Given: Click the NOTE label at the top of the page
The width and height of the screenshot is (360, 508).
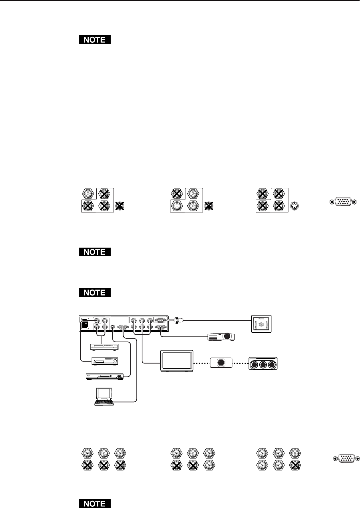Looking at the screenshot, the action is click(x=94, y=40).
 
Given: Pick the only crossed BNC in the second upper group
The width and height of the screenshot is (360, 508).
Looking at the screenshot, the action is click(x=177, y=194).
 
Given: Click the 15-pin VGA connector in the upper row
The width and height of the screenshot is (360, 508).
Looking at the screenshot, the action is click(x=342, y=202).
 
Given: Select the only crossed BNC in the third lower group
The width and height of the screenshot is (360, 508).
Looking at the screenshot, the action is click(x=294, y=465).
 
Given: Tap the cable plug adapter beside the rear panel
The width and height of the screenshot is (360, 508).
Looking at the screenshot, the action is click(x=177, y=319).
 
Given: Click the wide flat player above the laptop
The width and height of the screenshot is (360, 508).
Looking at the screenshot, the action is click(x=108, y=376).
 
